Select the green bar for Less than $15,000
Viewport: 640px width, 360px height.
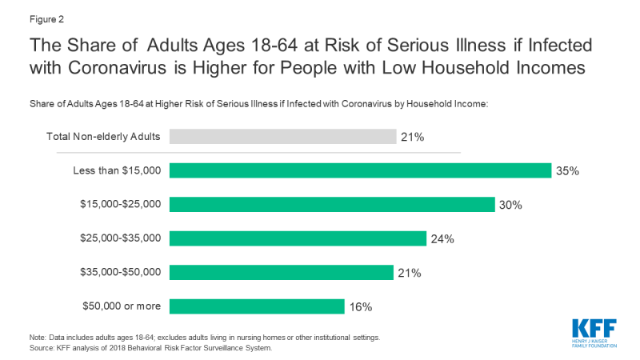coord(361,170)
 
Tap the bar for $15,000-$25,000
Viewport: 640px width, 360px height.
coord(333,204)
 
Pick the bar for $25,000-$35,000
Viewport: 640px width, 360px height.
coord(298,238)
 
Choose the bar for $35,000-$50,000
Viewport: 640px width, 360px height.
coord(282,272)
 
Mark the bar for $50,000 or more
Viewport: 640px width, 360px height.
coord(257,306)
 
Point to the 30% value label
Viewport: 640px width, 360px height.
coord(510,205)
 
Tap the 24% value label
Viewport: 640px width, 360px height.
coord(442,238)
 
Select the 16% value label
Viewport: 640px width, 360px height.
coord(360,306)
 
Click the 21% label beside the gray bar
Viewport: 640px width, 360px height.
coord(412,137)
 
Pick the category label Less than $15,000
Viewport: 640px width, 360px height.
coord(117,170)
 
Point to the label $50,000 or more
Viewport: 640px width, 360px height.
coord(121,306)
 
